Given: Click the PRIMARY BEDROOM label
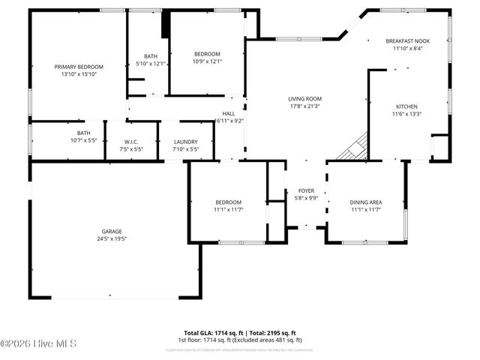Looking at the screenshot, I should [79, 67].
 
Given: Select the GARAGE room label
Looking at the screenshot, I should [113, 232].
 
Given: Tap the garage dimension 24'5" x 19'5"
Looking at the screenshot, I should [113, 240].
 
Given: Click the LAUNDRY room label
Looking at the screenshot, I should [185, 142].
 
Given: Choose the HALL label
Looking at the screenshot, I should [229, 113].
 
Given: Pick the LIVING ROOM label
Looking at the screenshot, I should [305, 98].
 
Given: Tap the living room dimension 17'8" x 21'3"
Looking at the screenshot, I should [305, 106].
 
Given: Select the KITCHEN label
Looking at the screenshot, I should [406, 106].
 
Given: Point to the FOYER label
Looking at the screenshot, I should [306, 190].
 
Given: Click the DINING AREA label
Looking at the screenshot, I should [366, 202].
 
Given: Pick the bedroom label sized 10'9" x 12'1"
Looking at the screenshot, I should [207, 53].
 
